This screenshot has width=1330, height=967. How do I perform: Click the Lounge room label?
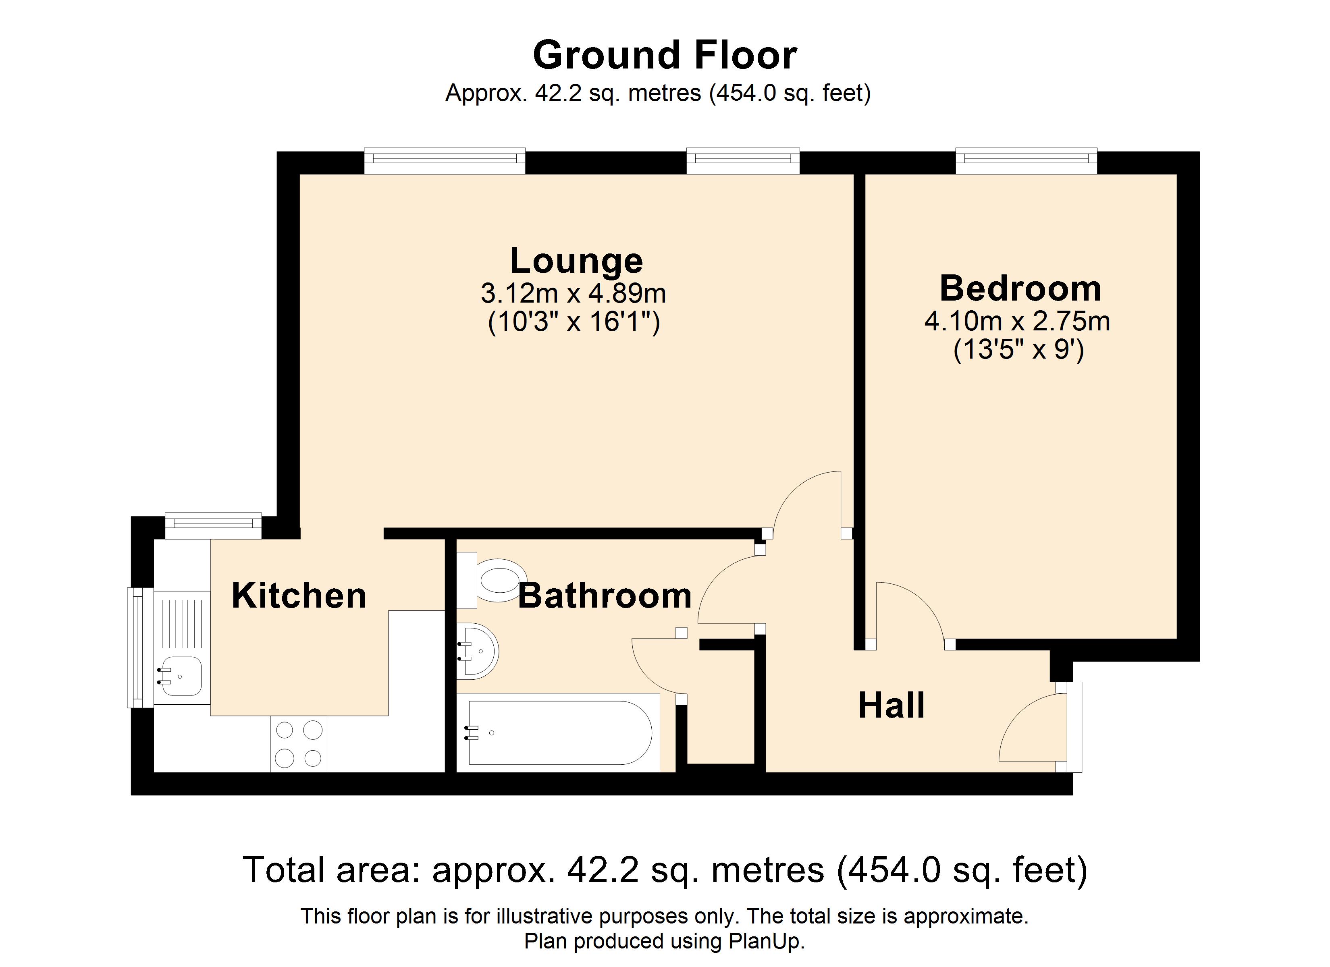click(576, 261)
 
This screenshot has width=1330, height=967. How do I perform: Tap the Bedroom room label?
click(1020, 288)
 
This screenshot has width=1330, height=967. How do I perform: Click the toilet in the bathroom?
click(492, 580)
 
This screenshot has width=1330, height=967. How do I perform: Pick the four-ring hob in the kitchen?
click(299, 743)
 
